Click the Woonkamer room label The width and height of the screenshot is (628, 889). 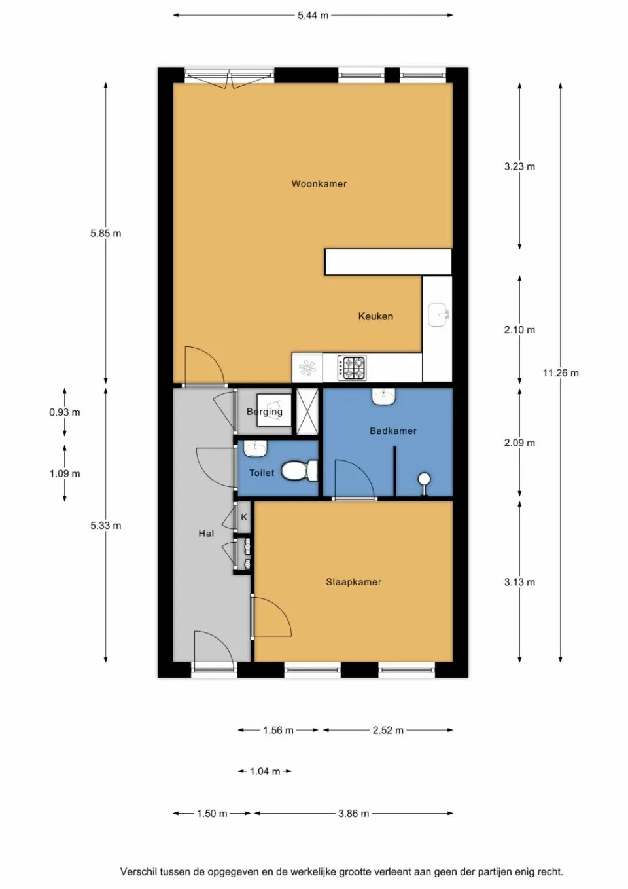pos(319,184)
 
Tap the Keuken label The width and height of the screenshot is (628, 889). pos(375,316)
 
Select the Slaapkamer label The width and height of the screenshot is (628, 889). pos(353,582)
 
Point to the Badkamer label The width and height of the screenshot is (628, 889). pos(392,431)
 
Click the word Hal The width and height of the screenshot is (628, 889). pos(206,534)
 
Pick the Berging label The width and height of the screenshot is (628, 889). pos(264,412)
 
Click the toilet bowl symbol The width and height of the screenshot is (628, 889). pos(298,471)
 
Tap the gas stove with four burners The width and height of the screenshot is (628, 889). pos(352,368)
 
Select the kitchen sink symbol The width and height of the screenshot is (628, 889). pos(438,315)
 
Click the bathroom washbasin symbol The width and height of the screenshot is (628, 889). pos(383,397)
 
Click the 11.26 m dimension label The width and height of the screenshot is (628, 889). pos(560,373)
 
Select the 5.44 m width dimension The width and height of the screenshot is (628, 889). pos(313,15)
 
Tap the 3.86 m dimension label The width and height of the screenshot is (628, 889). pos(353,814)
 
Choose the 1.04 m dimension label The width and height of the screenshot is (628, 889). pos(264,772)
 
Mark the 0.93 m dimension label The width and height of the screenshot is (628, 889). pos(64,412)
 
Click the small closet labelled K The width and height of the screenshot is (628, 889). pos(244,517)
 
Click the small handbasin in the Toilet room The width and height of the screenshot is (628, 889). pos(255,448)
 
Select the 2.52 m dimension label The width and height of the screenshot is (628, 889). pos(388,730)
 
